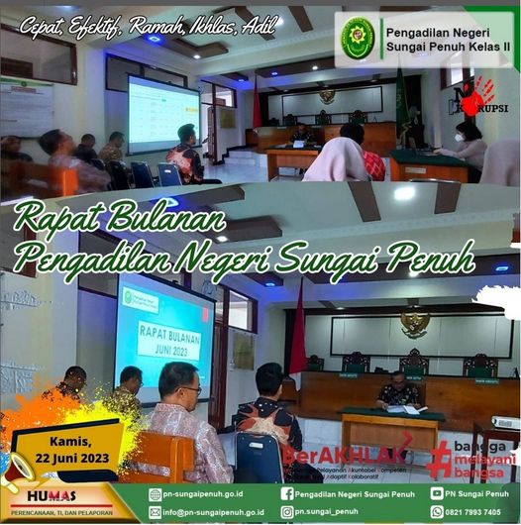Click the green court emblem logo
pyautogui.click(x=358, y=38)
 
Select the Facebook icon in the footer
pyautogui.click(x=287, y=493)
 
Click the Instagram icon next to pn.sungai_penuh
pyautogui.click(x=287, y=513)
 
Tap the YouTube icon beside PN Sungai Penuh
pyautogui.click(x=437, y=493)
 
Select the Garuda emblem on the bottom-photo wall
pyautogui.click(x=415, y=322)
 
